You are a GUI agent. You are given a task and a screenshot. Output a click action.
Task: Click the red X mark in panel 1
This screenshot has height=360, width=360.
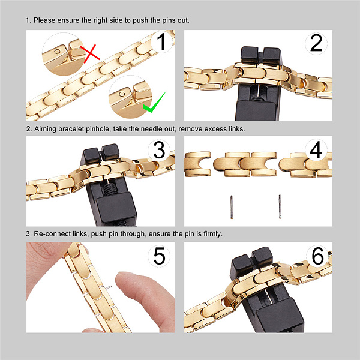[90, 54]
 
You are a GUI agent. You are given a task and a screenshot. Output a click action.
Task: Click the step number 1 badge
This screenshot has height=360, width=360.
[161, 42]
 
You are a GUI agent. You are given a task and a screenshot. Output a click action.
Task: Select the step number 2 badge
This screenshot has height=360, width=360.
[316, 43]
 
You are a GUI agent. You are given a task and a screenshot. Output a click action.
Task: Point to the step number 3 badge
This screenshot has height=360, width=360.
[159, 149]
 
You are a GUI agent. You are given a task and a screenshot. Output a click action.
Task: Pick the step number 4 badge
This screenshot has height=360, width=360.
[316, 149]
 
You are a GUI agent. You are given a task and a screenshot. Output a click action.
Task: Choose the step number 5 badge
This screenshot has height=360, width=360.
[159, 256]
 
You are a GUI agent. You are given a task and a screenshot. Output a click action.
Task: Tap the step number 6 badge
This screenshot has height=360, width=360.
[318, 256]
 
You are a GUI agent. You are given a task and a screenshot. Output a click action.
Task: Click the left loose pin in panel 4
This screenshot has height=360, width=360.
[232, 207]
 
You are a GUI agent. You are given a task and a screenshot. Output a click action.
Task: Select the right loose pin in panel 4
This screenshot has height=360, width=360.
[280, 206]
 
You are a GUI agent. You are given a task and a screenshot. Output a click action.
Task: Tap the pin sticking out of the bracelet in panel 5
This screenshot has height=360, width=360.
[107, 287]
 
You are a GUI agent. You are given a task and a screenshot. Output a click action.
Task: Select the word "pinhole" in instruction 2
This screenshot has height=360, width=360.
[98, 129]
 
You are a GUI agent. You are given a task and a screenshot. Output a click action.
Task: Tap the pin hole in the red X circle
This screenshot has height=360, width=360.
[58, 52]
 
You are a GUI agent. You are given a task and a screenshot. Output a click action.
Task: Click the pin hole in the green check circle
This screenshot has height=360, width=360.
[122, 94]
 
